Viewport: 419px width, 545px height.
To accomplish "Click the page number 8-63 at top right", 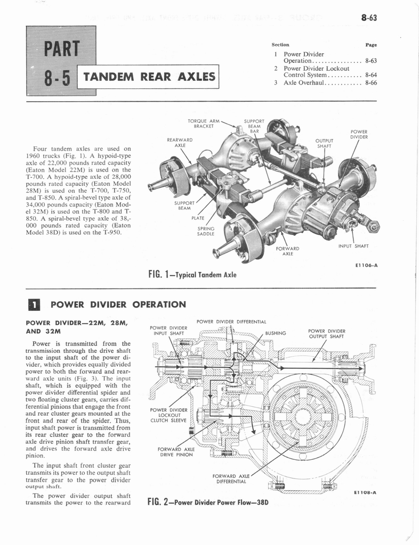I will coord(368,18).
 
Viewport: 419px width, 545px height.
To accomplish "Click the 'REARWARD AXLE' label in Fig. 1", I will coord(180,143).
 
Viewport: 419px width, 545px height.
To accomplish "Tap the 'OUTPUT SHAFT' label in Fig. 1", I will coord(324,143).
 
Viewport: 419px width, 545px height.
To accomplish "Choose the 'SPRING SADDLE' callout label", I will coord(206,230).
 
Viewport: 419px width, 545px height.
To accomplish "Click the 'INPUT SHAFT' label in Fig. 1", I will coord(354,246).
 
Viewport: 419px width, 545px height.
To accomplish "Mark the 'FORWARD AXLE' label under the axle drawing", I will coord(287,251).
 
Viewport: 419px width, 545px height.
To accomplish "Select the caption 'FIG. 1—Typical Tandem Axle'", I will coord(192,275).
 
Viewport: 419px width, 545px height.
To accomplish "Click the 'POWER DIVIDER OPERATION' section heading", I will coord(117,305).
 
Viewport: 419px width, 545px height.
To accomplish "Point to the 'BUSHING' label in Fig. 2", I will coord(276,334).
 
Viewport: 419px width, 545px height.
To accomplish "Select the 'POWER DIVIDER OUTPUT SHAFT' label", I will coord(327,334).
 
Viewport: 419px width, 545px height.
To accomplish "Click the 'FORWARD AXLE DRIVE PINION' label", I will coord(175,452).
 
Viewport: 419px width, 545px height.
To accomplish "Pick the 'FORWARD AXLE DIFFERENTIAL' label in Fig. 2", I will coord(231,478).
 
